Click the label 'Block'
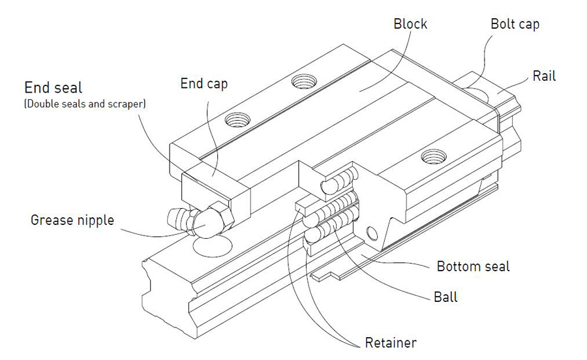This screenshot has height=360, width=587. (410, 24)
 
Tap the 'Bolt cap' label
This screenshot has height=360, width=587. (515, 24)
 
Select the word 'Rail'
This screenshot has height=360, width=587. (544, 76)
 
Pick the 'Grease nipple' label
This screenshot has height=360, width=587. (72, 220)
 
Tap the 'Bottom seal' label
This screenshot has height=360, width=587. (473, 266)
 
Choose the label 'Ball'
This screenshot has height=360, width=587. (445, 297)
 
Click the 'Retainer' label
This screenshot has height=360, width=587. (389, 342)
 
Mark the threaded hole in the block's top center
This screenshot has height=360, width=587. (303, 82)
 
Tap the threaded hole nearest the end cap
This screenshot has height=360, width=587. (235, 120)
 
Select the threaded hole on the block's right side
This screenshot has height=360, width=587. (432, 157)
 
